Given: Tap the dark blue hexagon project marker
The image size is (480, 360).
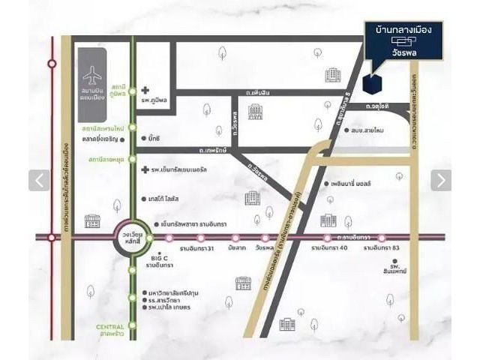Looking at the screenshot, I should [370, 83].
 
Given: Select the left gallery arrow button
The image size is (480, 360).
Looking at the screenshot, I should [39, 180].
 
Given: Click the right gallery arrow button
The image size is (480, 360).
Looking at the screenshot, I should [441, 180].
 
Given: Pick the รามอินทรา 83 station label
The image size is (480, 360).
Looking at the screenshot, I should [384, 248].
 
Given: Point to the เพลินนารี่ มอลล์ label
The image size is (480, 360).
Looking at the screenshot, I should [355, 183].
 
